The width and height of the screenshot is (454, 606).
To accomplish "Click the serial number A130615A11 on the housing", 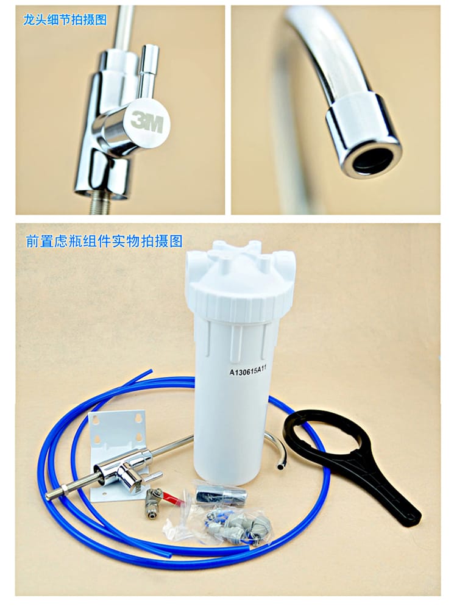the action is [248, 372].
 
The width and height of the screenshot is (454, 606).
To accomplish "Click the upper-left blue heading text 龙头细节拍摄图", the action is [65, 19].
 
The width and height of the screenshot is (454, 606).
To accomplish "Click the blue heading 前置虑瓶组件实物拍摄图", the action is [104, 241].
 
